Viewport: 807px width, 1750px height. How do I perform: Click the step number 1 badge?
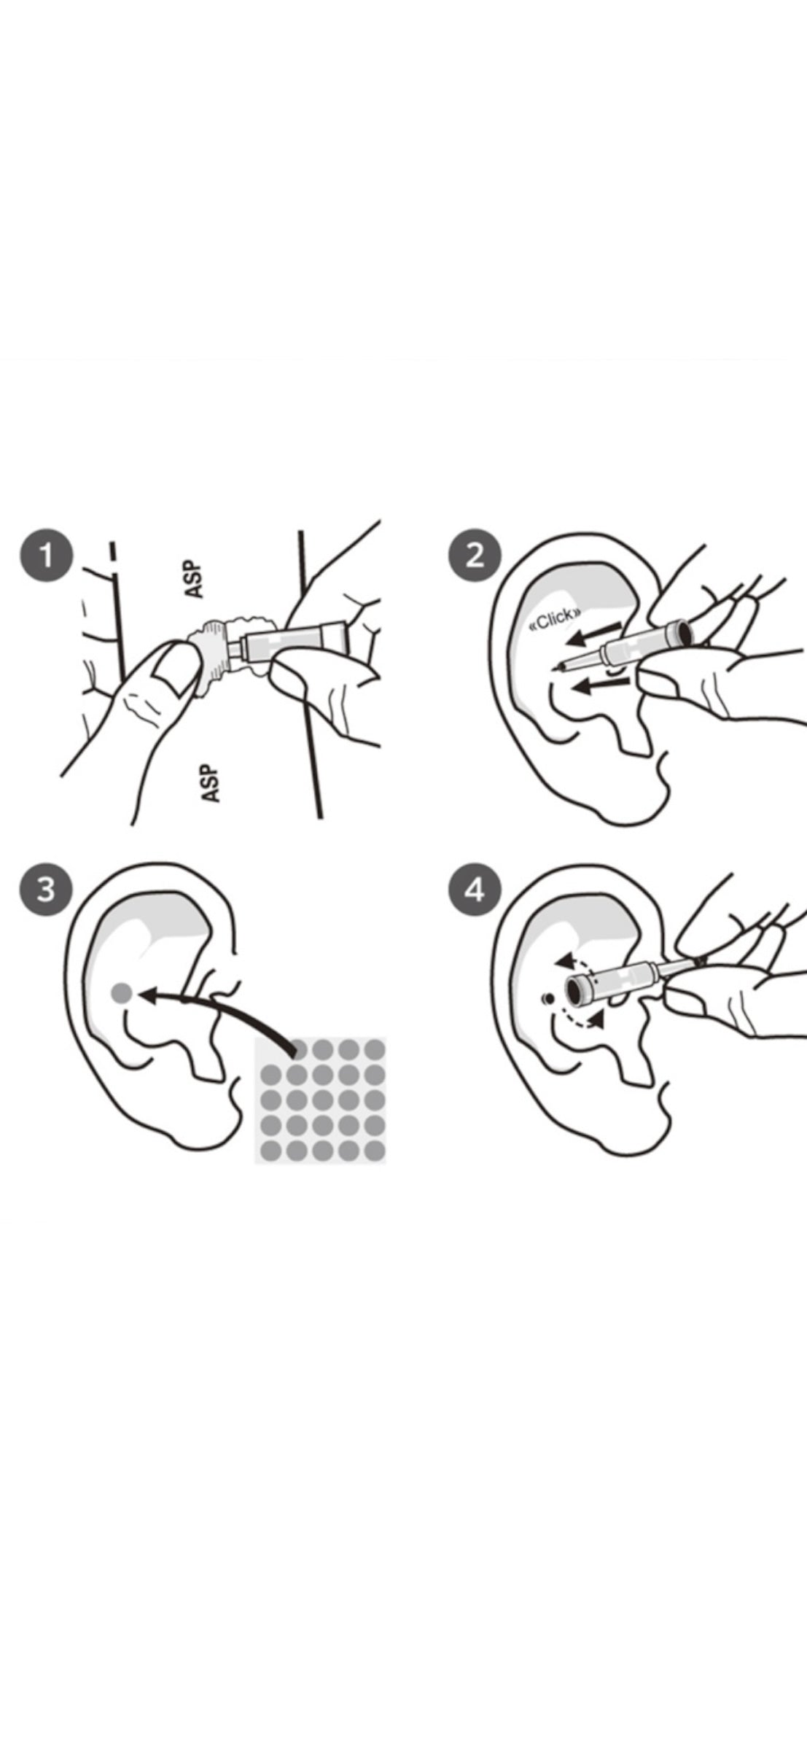46,556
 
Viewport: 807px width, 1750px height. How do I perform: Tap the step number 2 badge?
474,555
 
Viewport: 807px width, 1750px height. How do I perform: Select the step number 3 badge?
46,890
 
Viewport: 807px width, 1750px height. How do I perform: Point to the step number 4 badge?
474,890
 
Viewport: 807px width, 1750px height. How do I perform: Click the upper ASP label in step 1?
194,579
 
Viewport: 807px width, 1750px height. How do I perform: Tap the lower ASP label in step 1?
211,783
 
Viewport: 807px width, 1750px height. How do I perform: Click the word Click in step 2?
555,617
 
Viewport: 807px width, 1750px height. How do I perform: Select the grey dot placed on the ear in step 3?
121,992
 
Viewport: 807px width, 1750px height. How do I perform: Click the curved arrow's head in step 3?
148,994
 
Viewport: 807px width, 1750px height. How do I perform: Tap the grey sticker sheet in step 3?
319,1100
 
